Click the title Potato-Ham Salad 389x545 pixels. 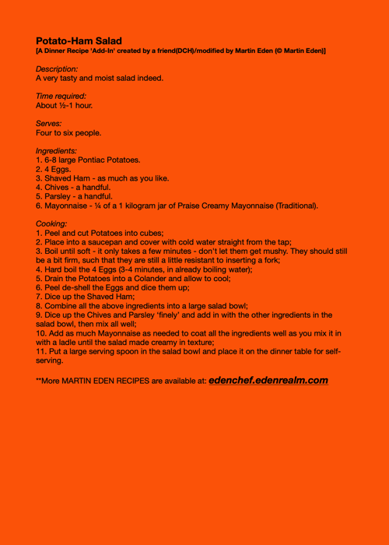[x=79, y=40]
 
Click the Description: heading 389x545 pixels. [x=57, y=69]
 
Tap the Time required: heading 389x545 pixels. [x=61, y=96]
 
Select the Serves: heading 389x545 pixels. [x=49, y=123]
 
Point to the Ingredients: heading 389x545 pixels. [x=56, y=150]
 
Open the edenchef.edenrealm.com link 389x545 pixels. [x=268, y=380]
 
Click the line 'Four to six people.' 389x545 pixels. [x=68, y=132]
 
